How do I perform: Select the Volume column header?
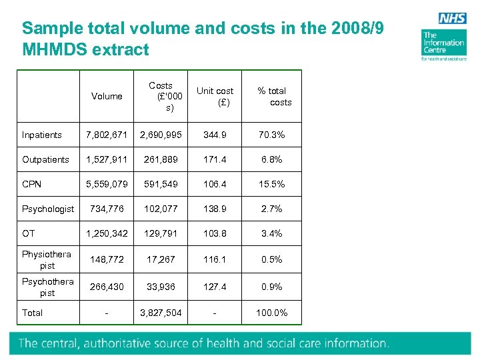coord(107,97)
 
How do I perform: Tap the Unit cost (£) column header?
coord(215,97)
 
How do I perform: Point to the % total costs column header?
coord(272,97)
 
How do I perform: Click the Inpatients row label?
coord(42,135)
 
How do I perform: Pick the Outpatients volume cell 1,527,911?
coord(107,160)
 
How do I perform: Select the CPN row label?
coord(32,185)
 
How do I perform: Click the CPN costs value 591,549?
coord(160,185)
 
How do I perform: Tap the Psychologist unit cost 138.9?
coord(215,209)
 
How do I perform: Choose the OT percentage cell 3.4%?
coord(271,234)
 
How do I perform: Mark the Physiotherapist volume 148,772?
coord(107,260)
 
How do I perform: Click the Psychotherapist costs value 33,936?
coord(160,287)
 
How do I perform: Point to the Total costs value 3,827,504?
coord(160,313)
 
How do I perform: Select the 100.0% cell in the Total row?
coord(271,313)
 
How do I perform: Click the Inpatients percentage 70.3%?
coord(271,135)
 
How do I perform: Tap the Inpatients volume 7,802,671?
coord(107,135)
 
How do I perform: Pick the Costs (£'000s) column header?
coord(160,97)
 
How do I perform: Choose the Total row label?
coord(32,313)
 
